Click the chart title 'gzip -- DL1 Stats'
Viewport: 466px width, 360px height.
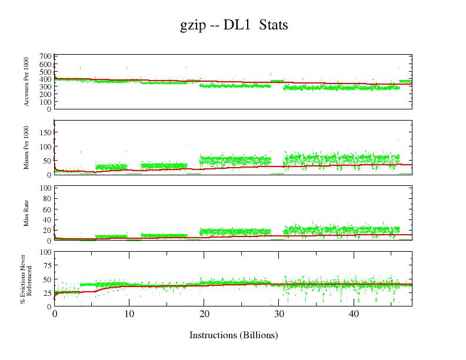click(234, 26)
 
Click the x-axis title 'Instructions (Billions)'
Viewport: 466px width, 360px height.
click(234, 335)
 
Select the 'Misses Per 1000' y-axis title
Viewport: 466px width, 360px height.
click(27, 147)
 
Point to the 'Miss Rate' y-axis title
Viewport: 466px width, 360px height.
click(27, 214)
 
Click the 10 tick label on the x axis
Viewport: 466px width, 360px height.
click(129, 314)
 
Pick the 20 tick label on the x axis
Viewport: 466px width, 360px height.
click(204, 314)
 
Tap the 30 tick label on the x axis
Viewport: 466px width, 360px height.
click(279, 314)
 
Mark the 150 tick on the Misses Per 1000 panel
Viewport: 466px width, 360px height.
click(46, 133)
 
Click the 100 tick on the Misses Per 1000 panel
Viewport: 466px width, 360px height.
click(46, 147)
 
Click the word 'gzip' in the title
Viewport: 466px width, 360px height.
click(192, 26)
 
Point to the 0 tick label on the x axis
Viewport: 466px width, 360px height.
click(54, 314)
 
